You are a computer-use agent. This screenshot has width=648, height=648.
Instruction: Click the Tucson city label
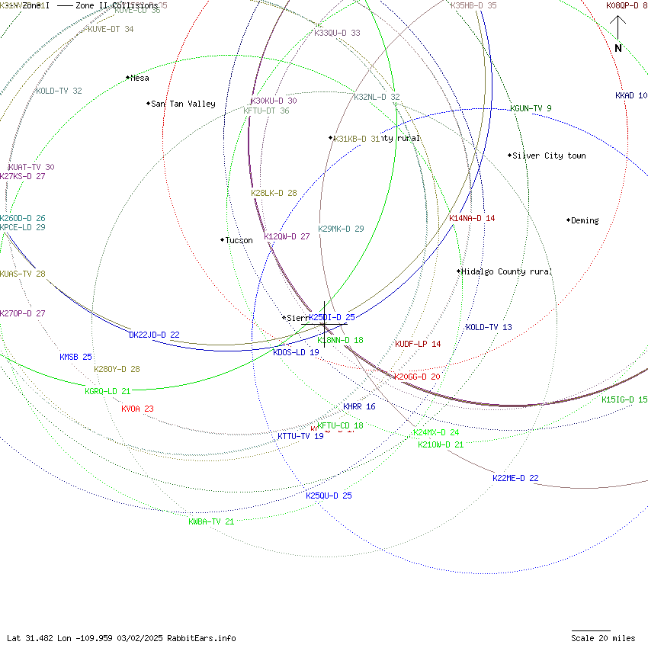click(238, 240)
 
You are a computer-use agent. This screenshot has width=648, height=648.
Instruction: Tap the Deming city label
click(584, 220)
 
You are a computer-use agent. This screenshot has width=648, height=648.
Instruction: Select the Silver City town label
click(548, 156)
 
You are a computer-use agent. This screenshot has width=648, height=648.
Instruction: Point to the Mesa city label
click(140, 78)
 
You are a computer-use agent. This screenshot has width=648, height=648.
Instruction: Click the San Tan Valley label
click(183, 104)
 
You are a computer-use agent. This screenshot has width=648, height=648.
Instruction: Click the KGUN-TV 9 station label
click(531, 108)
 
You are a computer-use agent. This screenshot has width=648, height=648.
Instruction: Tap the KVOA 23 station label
click(137, 409)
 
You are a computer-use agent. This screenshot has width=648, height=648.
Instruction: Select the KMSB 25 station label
click(75, 357)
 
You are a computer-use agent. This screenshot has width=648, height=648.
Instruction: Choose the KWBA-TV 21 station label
click(211, 521)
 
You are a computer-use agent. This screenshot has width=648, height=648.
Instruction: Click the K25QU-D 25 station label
click(329, 496)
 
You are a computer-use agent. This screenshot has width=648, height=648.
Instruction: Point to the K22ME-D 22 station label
click(515, 478)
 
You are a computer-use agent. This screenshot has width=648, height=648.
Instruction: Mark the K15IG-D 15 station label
click(624, 399)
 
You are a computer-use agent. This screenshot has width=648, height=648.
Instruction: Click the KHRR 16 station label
click(358, 406)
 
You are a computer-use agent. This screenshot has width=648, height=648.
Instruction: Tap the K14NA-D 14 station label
click(472, 218)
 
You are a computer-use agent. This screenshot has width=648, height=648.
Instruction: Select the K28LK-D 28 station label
click(274, 193)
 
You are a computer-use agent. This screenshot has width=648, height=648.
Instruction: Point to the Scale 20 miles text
click(603, 638)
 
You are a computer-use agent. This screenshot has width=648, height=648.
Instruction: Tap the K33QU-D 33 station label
click(337, 33)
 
